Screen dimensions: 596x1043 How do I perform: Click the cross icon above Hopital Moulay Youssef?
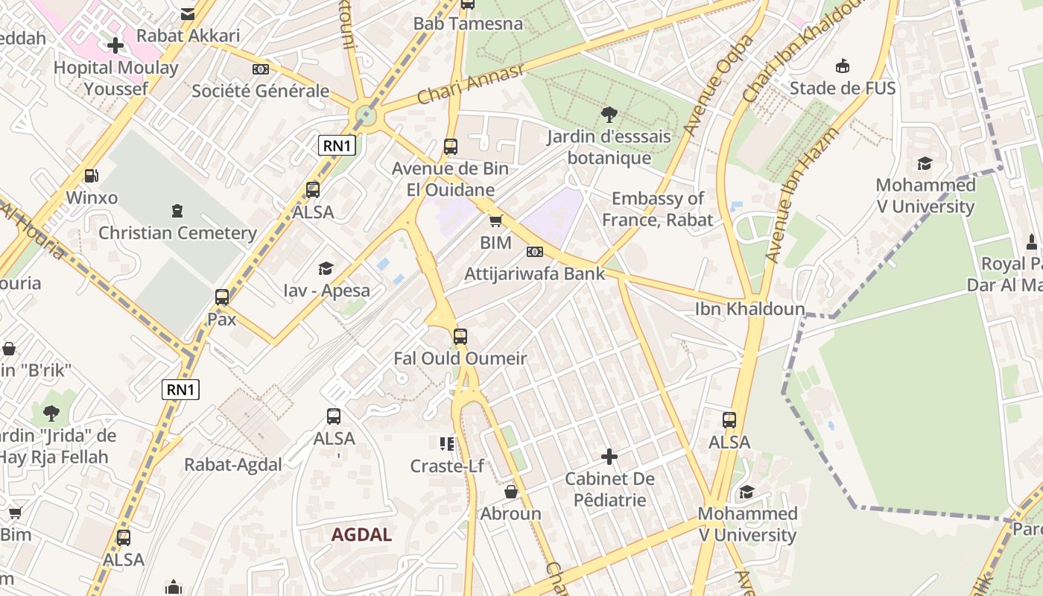(x=115, y=45)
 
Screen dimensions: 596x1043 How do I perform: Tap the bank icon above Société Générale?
(x=260, y=69)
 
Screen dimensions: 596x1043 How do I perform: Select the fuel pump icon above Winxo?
(x=92, y=176)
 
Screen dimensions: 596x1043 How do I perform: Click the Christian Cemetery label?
(x=177, y=232)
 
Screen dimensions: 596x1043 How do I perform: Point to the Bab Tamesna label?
(x=468, y=24)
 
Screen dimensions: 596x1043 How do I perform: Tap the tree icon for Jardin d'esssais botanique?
(x=609, y=115)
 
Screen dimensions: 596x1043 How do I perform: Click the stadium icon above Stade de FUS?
(x=843, y=66)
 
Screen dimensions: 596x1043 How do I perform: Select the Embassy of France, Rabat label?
(x=657, y=209)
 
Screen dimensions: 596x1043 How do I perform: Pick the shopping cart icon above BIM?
(x=495, y=221)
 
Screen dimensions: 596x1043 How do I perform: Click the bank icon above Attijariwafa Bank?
(x=535, y=252)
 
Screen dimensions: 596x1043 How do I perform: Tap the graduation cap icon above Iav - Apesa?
(x=326, y=268)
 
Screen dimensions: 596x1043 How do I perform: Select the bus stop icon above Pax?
(x=222, y=297)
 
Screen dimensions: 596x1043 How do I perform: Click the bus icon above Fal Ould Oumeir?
(x=460, y=337)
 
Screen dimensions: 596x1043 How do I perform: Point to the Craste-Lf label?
(x=447, y=466)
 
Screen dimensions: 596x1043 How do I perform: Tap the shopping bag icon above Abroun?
(x=511, y=492)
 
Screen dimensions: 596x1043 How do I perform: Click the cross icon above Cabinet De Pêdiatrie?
(x=609, y=456)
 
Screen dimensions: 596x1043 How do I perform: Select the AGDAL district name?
(x=361, y=534)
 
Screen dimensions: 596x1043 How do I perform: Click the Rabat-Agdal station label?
(x=233, y=465)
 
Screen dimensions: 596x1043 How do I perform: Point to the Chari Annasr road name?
(x=471, y=84)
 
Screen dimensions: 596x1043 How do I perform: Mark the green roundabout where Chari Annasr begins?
(x=365, y=115)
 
